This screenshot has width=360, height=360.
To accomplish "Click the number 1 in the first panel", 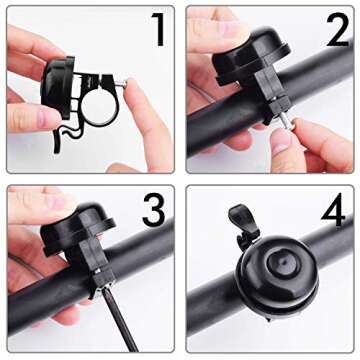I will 157,32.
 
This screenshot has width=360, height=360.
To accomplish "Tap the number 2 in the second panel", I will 335,32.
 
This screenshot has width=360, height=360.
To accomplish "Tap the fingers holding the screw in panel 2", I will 320,140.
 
